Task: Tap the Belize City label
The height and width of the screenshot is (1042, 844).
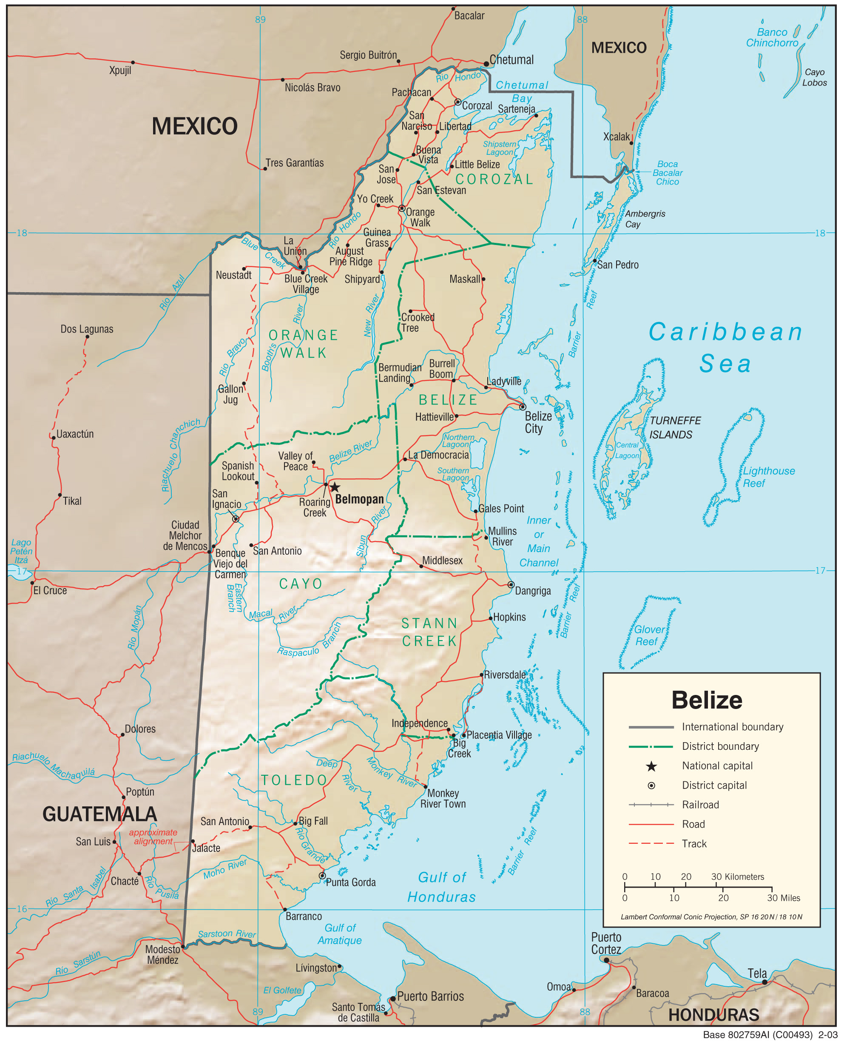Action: [538, 422]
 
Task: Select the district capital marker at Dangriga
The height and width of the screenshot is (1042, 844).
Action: [511, 584]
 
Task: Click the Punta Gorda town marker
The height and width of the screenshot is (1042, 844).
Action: [322, 876]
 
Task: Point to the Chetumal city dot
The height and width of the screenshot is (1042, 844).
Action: [486, 64]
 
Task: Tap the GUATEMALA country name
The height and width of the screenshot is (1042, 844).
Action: [99, 814]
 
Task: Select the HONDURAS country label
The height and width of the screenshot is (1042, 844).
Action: [714, 1015]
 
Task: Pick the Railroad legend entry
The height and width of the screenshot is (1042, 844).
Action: [700, 805]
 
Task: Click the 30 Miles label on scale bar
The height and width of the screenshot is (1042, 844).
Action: [783, 898]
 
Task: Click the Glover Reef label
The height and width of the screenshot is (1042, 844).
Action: [648, 635]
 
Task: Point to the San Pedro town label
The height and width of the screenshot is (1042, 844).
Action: [617, 265]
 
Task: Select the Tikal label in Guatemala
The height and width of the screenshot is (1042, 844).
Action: [72, 501]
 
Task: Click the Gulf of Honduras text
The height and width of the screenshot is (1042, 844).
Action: [441, 887]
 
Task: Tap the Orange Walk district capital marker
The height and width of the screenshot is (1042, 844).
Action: [401, 208]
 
